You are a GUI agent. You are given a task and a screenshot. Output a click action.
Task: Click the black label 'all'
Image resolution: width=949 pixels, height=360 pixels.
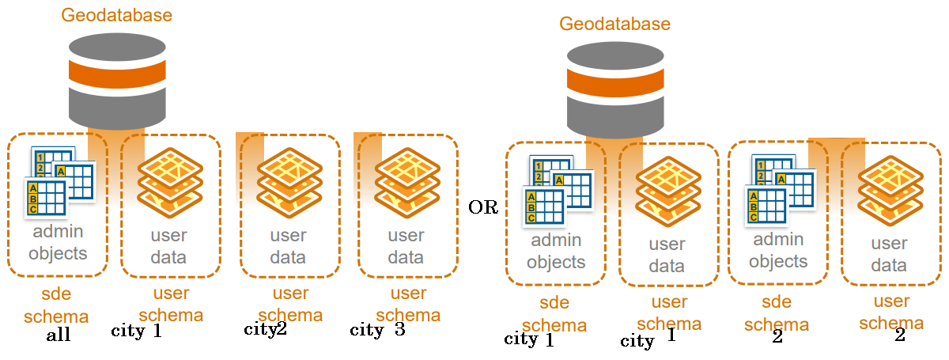coord(58,335)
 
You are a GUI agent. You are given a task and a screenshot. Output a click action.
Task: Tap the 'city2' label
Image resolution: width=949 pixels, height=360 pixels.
coord(265,330)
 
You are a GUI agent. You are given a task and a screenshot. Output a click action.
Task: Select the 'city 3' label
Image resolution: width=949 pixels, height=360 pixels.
coord(377,330)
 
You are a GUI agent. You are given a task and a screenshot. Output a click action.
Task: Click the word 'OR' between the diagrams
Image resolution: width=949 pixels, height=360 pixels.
coord(483,208)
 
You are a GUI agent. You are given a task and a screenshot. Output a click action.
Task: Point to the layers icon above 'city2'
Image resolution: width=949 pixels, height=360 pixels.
coord(289,183)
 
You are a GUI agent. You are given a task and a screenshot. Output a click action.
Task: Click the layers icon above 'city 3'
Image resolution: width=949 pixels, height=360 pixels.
coord(406,183)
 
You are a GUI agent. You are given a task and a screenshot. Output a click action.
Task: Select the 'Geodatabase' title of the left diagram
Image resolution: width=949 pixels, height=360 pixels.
coord(116,15)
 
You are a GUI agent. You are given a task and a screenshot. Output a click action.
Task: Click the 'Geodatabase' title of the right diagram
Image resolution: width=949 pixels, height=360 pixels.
coord(614,24)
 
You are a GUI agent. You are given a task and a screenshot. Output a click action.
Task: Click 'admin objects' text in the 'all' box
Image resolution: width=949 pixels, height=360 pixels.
coord(58,243)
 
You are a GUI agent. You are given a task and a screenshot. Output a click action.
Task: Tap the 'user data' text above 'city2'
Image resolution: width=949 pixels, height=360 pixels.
coord(289,246)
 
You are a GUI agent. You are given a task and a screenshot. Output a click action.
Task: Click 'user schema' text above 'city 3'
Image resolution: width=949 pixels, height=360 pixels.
coord(408,304)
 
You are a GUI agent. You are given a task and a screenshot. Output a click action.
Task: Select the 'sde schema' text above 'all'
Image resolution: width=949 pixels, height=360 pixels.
coord(56,305)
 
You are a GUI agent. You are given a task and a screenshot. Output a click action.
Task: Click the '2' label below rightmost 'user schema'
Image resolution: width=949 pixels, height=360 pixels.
coord(899,335)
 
